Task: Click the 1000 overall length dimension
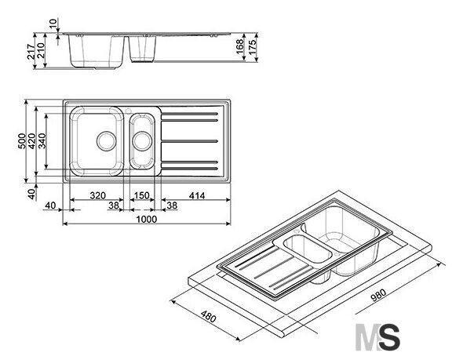tap(147, 220)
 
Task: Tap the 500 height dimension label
tap(22, 140)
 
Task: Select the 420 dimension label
tap(31, 140)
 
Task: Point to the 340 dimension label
tap(42, 140)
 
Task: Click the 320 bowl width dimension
tap(98, 195)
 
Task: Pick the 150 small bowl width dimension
tap(142, 195)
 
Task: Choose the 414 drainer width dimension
tap(197, 195)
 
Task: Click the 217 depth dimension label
tap(31, 51)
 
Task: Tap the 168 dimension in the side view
tap(240, 46)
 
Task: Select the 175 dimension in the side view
tap(253, 46)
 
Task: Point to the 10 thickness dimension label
tap(53, 23)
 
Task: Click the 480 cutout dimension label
tap(209, 316)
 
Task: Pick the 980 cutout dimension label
tap(378, 295)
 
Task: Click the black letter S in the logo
tap(390, 337)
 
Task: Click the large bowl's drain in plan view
tap(106, 141)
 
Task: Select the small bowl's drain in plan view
tap(142, 141)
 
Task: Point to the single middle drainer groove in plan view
tap(189, 141)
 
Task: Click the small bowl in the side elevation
tap(142, 49)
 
